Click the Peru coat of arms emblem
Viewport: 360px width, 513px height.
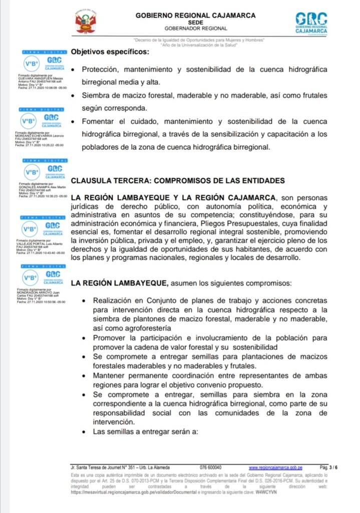(86, 23)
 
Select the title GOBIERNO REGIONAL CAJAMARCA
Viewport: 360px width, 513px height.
(195, 16)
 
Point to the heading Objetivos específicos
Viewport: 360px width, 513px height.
(110, 52)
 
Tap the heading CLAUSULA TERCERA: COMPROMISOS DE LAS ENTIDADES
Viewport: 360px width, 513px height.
(178, 180)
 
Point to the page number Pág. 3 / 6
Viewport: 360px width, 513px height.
(328, 467)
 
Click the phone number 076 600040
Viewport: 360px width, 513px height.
(210, 467)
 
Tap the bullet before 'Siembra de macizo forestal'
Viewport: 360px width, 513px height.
(74, 95)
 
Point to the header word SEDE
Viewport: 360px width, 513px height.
(195, 23)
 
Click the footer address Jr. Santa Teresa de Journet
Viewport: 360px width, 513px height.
(123, 467)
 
